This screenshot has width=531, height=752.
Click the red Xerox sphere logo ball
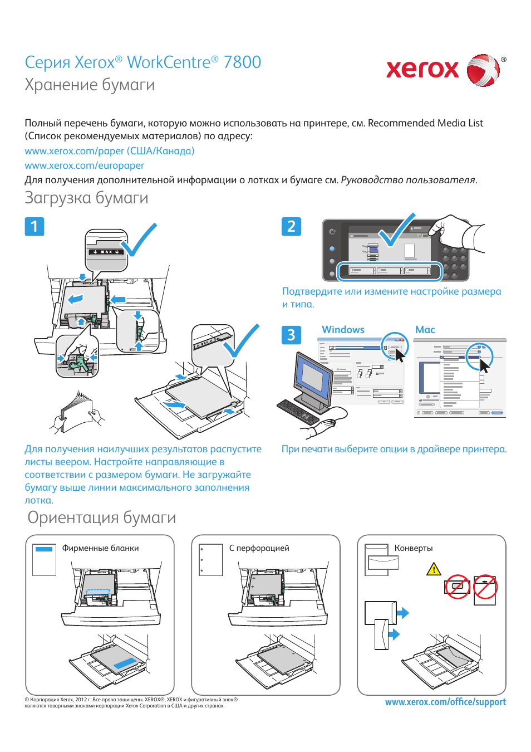[482, 70]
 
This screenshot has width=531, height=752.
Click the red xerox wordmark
[422, 69]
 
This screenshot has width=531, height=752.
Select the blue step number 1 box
[35, 226]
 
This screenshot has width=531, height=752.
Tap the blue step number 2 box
[291, 226]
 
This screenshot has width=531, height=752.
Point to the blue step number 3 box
[291, 335]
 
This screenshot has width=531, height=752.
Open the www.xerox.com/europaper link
[84, 165]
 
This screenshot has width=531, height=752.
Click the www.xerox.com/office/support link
[445, 702]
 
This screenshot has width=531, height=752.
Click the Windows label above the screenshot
[343, 330]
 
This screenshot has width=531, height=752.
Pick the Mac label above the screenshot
[425, 330]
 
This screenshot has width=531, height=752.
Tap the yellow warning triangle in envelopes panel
[434, 569]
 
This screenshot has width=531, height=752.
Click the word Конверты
[414, 548]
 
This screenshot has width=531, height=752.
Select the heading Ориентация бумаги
[102, 517]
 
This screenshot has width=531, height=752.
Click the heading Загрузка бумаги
[86, 198]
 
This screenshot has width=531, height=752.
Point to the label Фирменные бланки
[100, 548]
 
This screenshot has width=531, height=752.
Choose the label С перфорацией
[259, 548]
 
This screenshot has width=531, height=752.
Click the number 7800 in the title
[242, 62]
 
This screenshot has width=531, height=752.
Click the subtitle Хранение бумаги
[90, 85]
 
